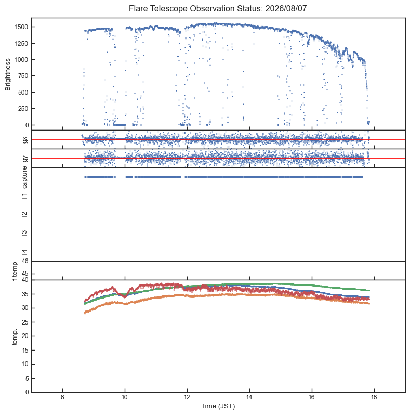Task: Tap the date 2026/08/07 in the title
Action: [x=286, y=9]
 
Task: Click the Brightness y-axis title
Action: [x=8, y=75]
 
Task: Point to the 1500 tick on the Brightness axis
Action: [x=21, y=27]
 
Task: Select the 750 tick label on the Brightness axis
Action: [x=23, y=76]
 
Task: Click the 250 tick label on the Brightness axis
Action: [x=23, y=109]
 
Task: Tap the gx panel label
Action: [x=25, y=139]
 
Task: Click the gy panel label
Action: [x=25, y=158]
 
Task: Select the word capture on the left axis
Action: [x=24, y=177]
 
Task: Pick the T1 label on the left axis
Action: [x=24, y=197]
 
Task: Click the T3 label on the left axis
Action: [x=24, y=234]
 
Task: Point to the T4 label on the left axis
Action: [x=24, y=253]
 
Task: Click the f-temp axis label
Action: [x=15, y=271]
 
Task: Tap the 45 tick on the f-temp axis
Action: [x=25, y=274]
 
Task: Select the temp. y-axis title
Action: [x=15, y=336]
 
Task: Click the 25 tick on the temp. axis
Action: [x=25, y=322]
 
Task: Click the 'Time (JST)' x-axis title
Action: [x=218, y=406]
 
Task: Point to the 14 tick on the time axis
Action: [x=249, y=397]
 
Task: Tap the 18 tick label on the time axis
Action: [x=374, y=397]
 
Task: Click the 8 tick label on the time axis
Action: [x=62, y=397]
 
